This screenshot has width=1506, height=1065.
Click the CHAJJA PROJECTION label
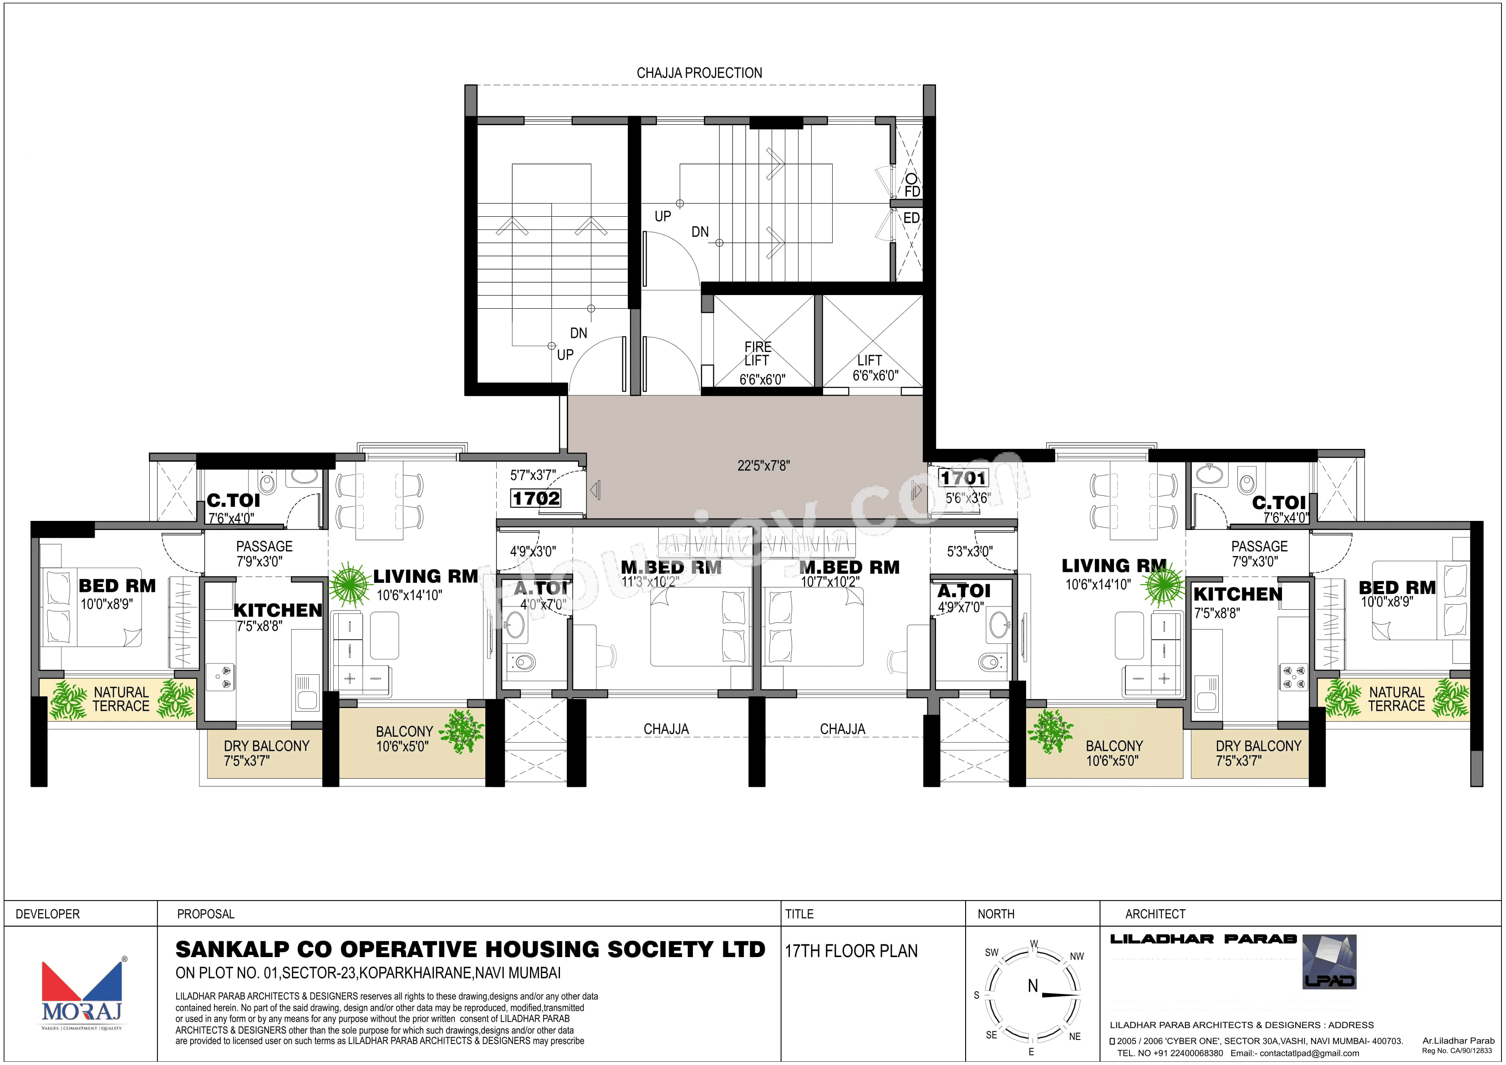point(699,73)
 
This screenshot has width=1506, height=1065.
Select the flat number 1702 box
point(536,499)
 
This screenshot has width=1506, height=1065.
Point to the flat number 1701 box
point(963,478)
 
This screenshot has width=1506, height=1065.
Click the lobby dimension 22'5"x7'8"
point(763,466)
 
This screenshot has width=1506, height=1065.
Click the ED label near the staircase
point(911,218)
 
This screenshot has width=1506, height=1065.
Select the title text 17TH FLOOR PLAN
point(851,951)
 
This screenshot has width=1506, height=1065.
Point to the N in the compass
point(1033,986)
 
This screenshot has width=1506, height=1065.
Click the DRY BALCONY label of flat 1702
point(266,746)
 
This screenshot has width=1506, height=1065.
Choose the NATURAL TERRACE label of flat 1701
point(1396,699)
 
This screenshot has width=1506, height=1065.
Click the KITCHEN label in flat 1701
point(1237,595)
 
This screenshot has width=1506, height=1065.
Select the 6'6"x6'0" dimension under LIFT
point(875,375)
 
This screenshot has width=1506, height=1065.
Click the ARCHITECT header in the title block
point(1155,914)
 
